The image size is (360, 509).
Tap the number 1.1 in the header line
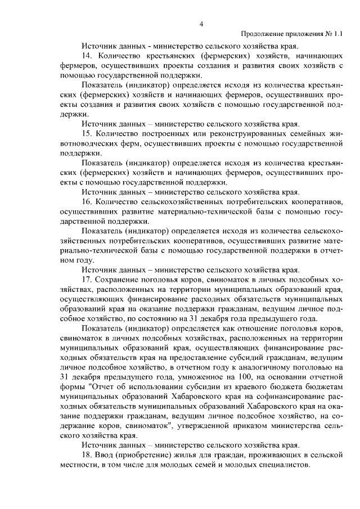[x=337, y=34]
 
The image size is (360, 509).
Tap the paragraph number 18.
[x=87, y=455]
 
